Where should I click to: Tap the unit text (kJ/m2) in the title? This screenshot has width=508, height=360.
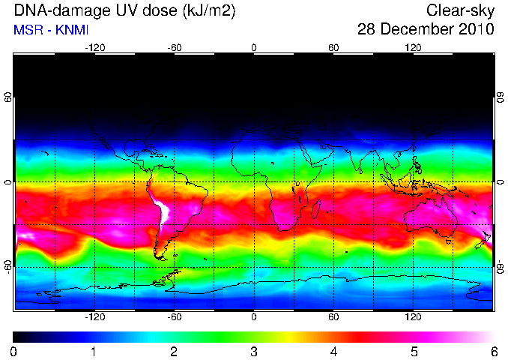coord(208,11)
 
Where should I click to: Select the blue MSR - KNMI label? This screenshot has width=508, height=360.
coord(51,30)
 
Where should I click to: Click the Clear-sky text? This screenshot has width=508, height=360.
coord(460,10)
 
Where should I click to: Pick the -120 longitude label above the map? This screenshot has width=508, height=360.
coord(95,48)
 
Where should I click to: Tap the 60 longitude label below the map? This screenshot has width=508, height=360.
coord(333,316)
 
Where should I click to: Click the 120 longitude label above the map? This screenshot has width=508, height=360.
coord(413,48)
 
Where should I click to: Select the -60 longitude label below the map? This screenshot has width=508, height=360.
coord(175,316)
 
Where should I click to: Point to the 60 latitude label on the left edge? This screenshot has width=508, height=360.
coord(8,97)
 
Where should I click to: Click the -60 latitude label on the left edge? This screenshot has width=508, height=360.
coord(8,266)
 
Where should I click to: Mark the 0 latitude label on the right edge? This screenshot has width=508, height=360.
coord(501,182)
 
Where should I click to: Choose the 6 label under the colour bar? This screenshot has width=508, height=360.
coord(494,352)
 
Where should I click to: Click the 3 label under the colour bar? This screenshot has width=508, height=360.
coord(254,352)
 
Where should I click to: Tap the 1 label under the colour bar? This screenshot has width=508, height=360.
coord(94,352)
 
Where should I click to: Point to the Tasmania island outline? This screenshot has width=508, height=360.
coord(448,241)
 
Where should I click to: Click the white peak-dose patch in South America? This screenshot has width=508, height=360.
coord(165,211)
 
